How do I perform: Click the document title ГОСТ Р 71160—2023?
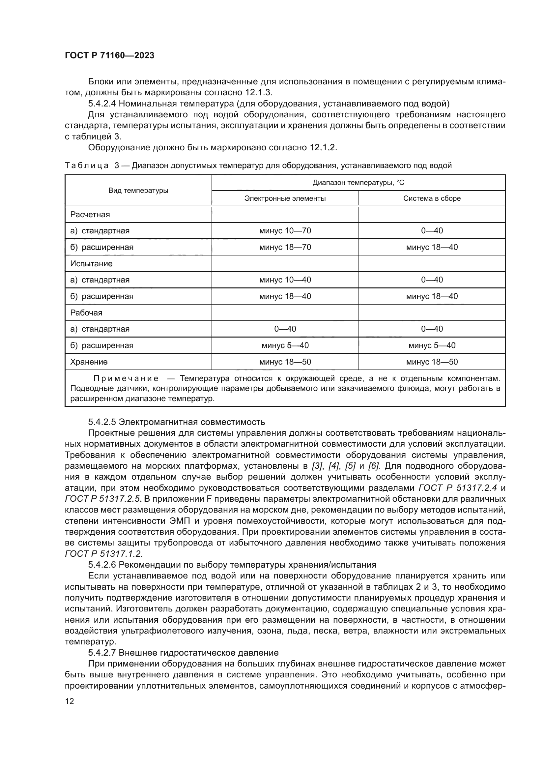click(109, 55)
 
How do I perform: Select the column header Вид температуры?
click(138, 191)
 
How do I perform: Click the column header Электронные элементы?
click(285, 198)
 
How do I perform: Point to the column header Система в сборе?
click(432, 198)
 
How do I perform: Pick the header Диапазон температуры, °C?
click(359, 183)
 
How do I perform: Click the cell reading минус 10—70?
click(285, 231)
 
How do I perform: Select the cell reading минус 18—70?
click(285, 247)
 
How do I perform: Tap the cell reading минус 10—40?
click(285, 280)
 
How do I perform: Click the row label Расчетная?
click(90, 215)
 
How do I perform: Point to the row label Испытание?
click(91, 264)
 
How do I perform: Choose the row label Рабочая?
click(86, 312)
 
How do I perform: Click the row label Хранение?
click(89, 362)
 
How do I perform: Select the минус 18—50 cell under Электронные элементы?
click(285, 362)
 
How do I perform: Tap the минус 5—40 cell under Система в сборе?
click(432, 345)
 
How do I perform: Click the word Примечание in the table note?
click(126, 378)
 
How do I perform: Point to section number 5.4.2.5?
click(102, 422)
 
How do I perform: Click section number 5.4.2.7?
click(102, 652)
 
